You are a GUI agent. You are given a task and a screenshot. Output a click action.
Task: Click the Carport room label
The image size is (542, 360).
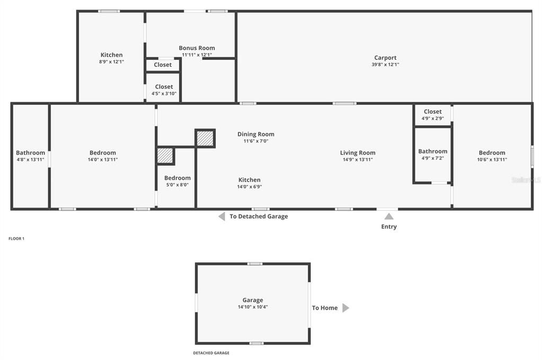[385, 58]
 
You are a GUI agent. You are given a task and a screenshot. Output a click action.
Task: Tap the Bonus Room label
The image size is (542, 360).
[197, 48]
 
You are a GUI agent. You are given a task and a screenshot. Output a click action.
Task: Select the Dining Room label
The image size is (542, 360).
[255, 134]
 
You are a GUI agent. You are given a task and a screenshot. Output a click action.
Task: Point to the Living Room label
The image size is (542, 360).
[358, 153]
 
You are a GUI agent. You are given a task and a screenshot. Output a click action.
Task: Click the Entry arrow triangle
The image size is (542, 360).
[388, 216]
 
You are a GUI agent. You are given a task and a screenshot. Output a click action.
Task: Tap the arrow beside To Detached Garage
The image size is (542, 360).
[221, 216]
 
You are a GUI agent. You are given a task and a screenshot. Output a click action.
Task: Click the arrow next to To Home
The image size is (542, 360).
[345, 308]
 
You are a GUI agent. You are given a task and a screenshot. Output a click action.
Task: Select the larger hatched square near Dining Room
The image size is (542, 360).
[205, 139]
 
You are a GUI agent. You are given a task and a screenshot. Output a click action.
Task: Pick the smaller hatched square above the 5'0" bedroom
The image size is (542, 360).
[165, 156]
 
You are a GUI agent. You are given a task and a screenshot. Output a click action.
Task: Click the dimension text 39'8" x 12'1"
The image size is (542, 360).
[385, 65]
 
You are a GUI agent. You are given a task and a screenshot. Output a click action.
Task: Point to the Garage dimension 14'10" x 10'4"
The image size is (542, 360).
[253, 307]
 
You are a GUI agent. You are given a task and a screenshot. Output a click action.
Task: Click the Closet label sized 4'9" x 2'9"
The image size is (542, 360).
[432, 112]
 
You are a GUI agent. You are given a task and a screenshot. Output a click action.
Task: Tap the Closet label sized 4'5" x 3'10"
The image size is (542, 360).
[164, 87]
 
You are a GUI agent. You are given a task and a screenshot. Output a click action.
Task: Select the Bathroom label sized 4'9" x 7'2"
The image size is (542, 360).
[432, 151]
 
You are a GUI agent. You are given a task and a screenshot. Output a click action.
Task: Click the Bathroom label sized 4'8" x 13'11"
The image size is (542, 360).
[30, 153]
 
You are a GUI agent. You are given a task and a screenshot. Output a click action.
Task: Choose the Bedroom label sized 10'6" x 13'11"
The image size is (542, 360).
[492, 153]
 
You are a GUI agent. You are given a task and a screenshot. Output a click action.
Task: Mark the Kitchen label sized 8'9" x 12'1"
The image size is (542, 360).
[111, 55]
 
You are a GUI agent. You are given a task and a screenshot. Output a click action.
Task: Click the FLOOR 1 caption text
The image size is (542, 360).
[16, 239]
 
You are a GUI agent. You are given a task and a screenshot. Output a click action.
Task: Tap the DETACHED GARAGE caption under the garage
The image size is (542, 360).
[211, 353]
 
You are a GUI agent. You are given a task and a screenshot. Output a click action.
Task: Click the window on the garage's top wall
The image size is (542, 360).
[255, 264]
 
